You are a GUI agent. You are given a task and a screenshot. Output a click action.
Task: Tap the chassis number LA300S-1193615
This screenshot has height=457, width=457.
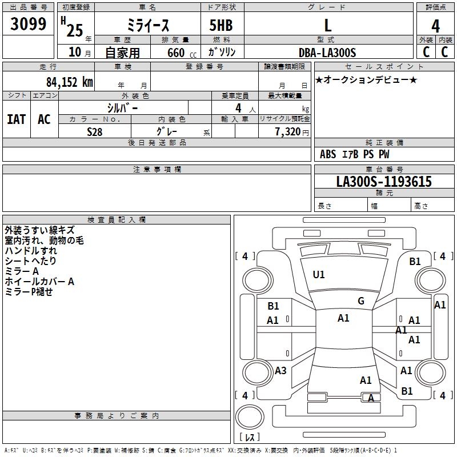pos(383,182)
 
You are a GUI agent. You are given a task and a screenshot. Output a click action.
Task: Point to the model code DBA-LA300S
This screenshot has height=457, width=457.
pos(327,53)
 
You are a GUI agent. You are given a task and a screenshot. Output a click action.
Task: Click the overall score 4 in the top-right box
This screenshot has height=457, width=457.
pos(435,26)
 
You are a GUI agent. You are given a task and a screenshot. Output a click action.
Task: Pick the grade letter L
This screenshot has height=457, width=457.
pos(327,25)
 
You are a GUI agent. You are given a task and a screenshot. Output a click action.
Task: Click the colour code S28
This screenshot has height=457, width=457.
pos(95,131)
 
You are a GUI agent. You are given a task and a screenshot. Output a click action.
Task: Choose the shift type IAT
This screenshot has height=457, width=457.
pos(17,119)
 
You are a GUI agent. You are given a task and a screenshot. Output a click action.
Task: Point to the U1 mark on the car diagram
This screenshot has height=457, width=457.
pos(319,275)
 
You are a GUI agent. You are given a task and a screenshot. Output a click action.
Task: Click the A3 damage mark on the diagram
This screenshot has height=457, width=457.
pos(280,371)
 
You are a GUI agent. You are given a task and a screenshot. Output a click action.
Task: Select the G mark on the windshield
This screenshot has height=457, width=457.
pos(361,301)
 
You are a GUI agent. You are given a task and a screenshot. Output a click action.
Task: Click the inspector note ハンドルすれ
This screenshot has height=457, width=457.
pos(31,250)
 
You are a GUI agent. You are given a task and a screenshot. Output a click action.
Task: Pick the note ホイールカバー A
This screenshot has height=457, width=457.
pos(39,281)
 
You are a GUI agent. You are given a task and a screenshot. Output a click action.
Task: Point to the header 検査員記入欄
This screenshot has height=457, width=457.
pos(117,219)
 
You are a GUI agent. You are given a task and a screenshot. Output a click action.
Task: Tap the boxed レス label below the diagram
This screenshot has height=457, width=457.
pos(250,437)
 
